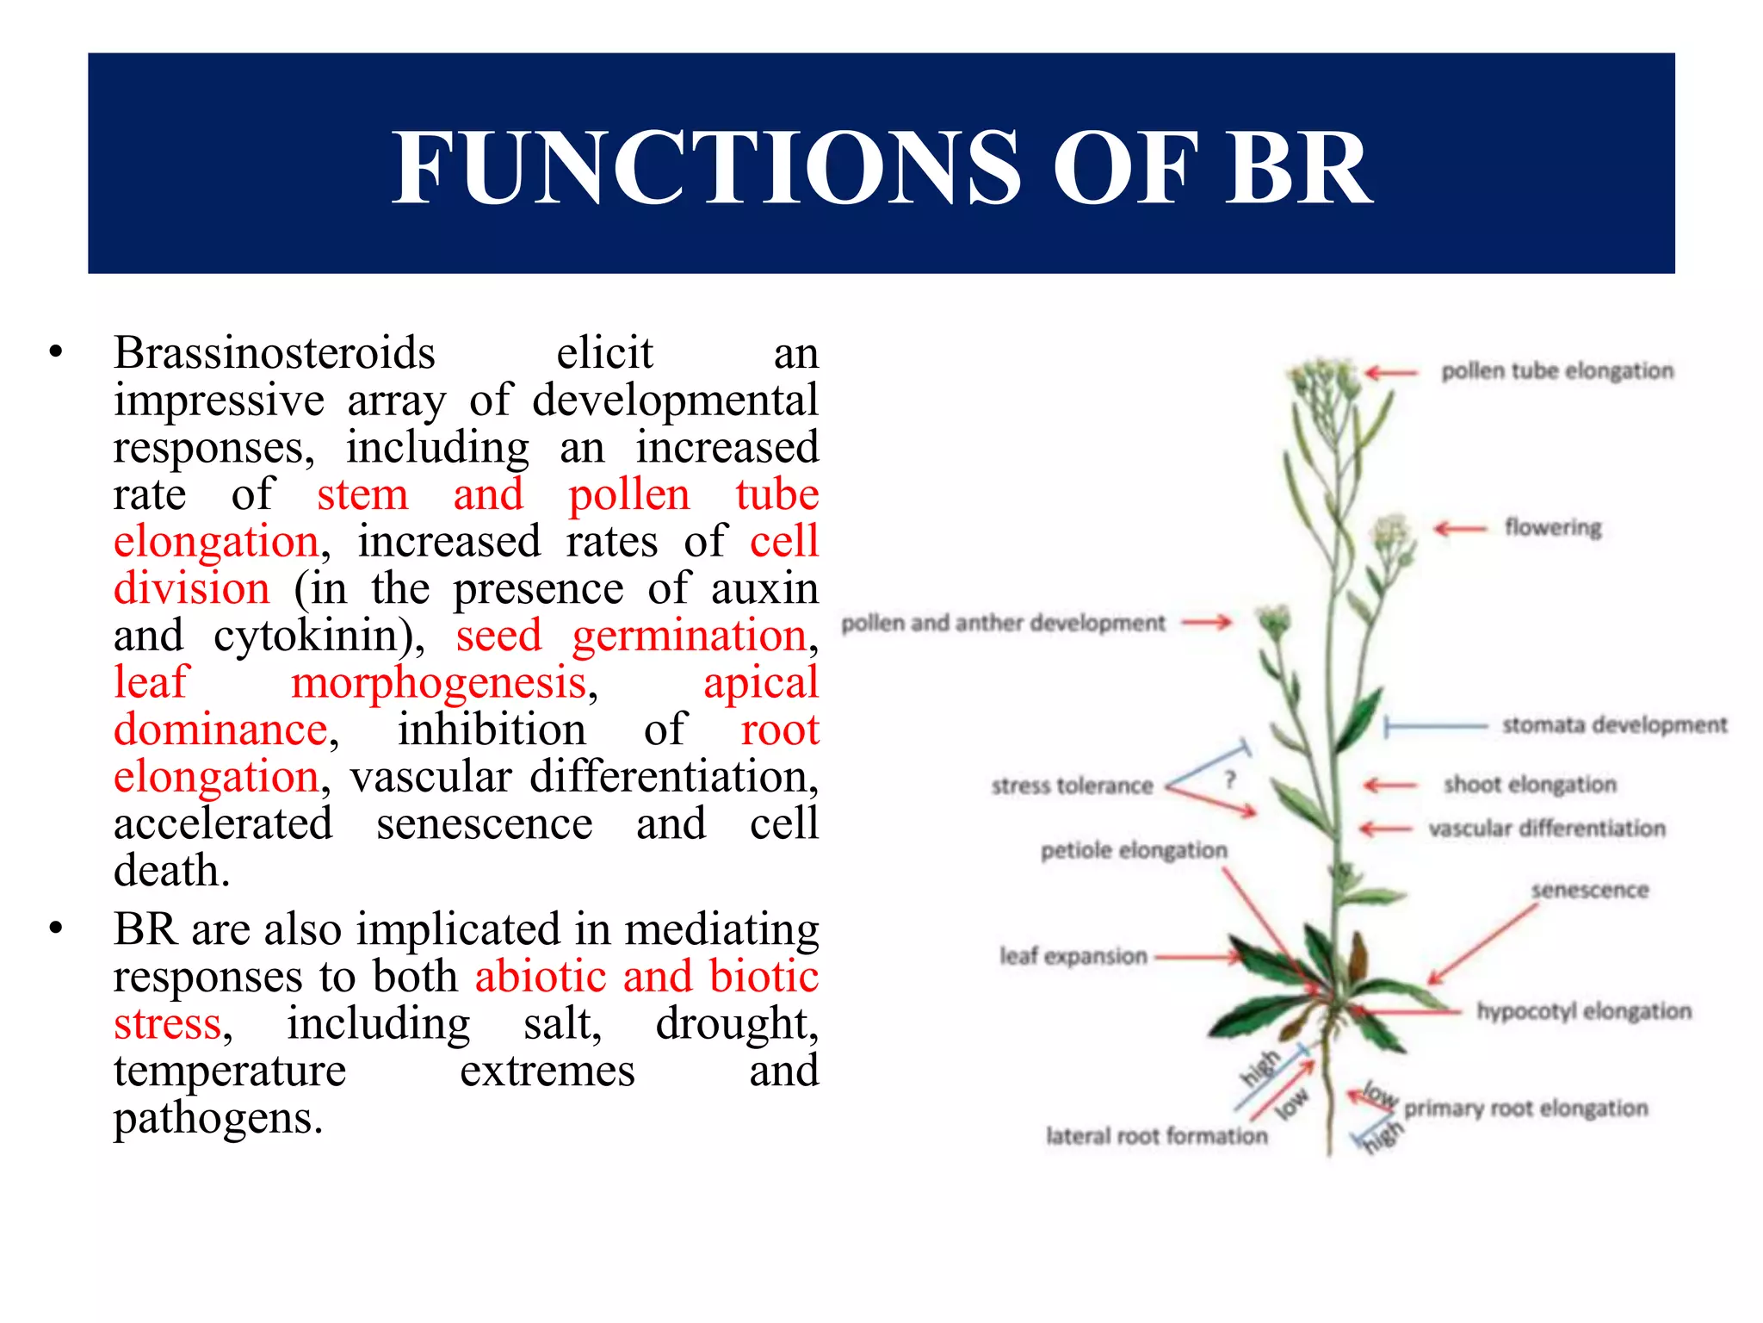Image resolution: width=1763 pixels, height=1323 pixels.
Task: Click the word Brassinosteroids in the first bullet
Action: tap(275, 353)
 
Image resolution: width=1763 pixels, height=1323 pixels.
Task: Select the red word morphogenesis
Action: tap(439, 683)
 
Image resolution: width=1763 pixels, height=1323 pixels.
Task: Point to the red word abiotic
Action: tap(541, 977)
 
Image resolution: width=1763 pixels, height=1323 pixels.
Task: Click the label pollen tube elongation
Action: tap(1557, 371)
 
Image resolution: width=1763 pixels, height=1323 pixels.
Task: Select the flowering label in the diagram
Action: tap(1553, 527)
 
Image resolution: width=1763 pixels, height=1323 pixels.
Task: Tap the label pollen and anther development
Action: tap(1003, 623)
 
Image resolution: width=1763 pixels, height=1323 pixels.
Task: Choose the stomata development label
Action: tap(1614, 725)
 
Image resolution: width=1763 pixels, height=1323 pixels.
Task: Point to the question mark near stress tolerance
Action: tap(1230, 780)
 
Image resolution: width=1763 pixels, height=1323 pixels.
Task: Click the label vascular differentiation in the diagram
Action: tap(1547, 829)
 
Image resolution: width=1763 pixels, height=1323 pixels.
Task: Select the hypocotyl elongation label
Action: tap(1584, 1011)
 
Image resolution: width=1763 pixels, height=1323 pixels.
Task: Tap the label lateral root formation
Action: tap(1156, 1136)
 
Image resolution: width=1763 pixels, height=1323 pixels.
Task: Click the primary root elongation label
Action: tap(1525, 1109)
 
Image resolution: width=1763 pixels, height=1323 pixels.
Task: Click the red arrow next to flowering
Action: tap(1460, 528)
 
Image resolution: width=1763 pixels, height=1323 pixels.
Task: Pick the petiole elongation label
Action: tap(1134, 851)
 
